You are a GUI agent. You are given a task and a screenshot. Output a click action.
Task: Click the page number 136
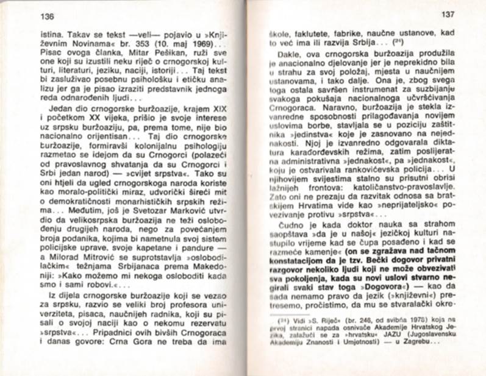tap(46, 15)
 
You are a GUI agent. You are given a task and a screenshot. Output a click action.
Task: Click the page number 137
tap(448, 14)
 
